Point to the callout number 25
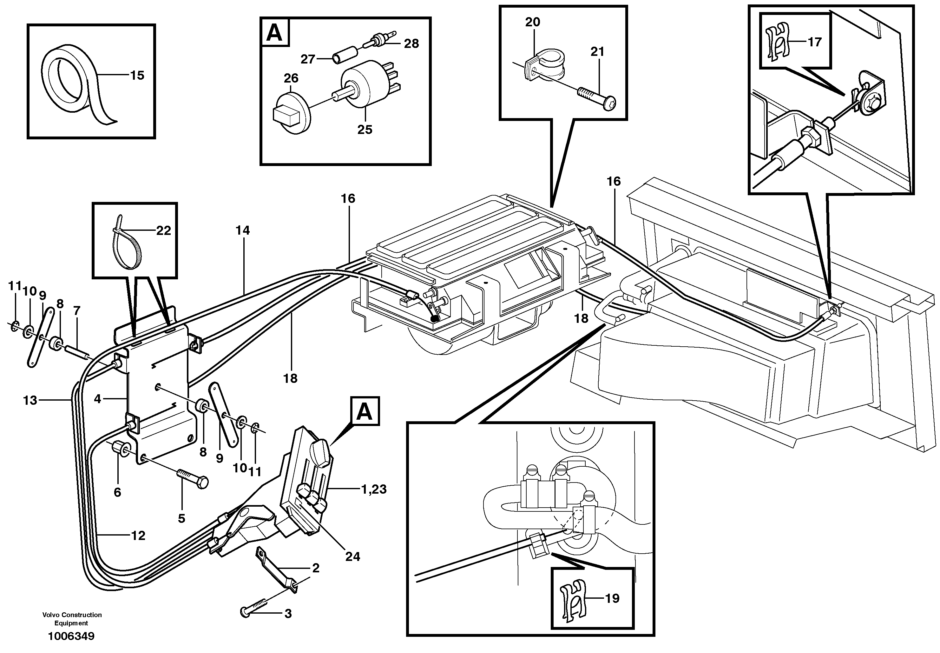(x=365, y=130)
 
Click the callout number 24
(x=352, y=556)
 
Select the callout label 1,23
(x=374, y=489)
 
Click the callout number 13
(x=30, y=400)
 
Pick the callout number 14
(x=242, y=230)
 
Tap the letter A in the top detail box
(x=274, y=33)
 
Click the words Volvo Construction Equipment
(x=72, y=619)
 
